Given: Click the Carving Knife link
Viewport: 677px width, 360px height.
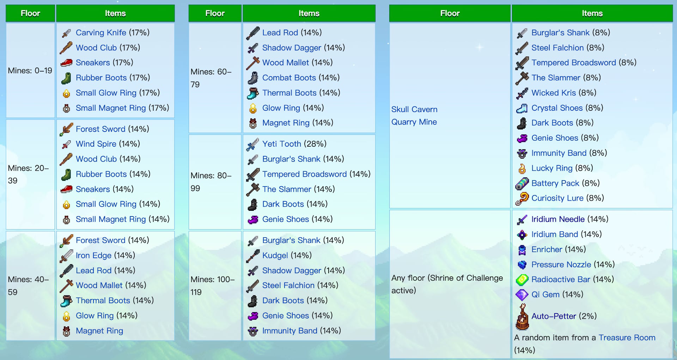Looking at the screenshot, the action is tap(101, 33).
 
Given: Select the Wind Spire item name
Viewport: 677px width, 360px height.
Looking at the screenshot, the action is tap(96, 144).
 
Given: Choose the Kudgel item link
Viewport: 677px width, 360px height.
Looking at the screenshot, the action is tap(275, 255).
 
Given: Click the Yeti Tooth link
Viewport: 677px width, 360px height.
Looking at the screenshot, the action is tap(282, 144).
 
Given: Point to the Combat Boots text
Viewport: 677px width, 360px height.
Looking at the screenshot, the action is tap(289, 78).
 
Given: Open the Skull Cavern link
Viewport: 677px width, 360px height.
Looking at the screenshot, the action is tap(414, 109).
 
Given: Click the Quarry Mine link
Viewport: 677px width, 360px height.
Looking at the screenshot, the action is tap(414, 122).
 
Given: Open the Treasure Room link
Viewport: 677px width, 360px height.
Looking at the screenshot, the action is tap(627, 338).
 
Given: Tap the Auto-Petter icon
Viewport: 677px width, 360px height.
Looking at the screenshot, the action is tap(522, 317).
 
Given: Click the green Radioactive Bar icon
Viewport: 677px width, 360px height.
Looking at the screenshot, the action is tap(522, 280).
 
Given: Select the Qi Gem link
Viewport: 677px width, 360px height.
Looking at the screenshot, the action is tap(545, 294).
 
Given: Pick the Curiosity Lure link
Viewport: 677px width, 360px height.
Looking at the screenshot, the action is tap(557, 198).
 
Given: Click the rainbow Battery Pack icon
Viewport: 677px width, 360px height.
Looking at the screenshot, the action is tap(522, 183).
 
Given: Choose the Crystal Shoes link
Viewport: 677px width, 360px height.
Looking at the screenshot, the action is tap(557, 108).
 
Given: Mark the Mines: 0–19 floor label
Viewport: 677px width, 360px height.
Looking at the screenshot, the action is tap(30, 71).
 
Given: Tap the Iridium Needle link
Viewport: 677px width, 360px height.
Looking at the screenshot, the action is tap(558, 219).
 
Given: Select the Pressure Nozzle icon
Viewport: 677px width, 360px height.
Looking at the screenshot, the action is tap(522, 264).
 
